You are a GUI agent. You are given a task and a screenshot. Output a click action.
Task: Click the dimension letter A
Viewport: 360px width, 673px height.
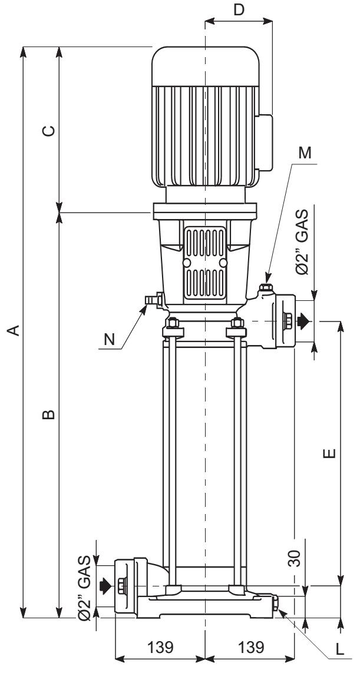[x=15, y=330]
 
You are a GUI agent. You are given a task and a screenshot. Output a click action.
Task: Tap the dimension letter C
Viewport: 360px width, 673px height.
[x=49, y=131]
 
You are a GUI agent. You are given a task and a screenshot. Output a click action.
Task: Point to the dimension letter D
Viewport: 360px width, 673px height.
[x=239, y=9]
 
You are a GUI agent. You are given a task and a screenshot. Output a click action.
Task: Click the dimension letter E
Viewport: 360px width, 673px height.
[x=329, y=453]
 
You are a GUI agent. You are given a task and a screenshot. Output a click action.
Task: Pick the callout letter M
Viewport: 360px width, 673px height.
[x=305, y=154]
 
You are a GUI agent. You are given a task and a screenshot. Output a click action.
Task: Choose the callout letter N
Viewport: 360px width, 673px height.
[x=110, y=340]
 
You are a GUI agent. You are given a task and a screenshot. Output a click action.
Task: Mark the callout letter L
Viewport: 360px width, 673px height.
[x=340, y=649]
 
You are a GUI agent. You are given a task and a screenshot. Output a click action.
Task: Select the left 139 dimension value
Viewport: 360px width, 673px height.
[x=160, y=647]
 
